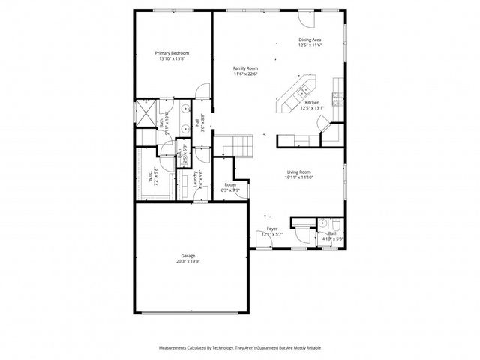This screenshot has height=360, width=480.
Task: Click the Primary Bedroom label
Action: pyautogui.click(x=172, y=53)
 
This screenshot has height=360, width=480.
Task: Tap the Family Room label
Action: pyautogui.click(x=245, y=68)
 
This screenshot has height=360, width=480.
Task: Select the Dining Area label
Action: pyautogui.click(x=310, y=40)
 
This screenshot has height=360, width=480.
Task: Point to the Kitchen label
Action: pyautogui.click(x=312, y=102)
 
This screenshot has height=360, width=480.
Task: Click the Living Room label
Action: pyautogui.click(x=298, y=172)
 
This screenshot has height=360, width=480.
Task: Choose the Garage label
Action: pyautogui.click(x=187, y=256)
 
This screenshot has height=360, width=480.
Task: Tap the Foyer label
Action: pyautogui.click(x=272, y=229)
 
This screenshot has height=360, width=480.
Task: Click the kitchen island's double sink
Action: pyautogui.click(x=304, y=91)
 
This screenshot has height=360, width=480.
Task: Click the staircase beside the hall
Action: pyautogui.click(x=238, y=143)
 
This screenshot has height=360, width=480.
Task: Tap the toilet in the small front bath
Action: pyautogui.click(x=336, y=225)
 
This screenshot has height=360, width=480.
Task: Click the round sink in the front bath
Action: pyautogui.click(x=322, y=223)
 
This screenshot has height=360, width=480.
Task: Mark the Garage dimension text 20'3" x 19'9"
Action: pyautogui.click(x=187, y=262)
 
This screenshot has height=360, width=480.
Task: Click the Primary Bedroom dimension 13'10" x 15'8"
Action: pyautogui.click(x=172, y=59)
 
